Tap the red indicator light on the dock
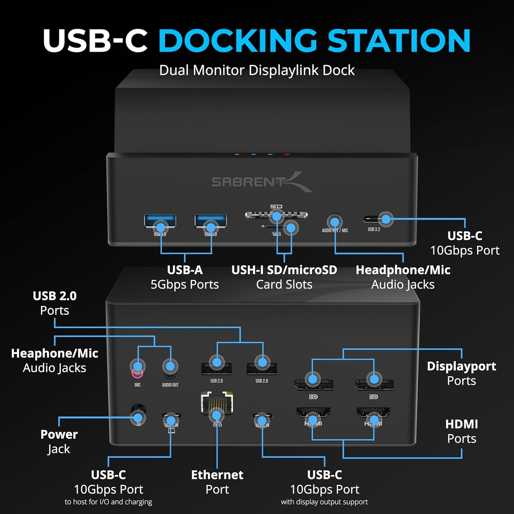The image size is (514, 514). (x=287, y=155)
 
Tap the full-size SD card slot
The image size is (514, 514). (x=276, y=215)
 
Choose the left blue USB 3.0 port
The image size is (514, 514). (x=160, y=221)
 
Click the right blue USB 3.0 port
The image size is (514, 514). (x=211, y=221)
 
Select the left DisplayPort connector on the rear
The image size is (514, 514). (x=313, y=384)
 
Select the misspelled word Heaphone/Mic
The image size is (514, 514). (x=55, y=353)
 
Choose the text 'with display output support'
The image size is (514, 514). (x=325, y=502)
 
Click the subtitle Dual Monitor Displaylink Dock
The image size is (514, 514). (x=257, y=70)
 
